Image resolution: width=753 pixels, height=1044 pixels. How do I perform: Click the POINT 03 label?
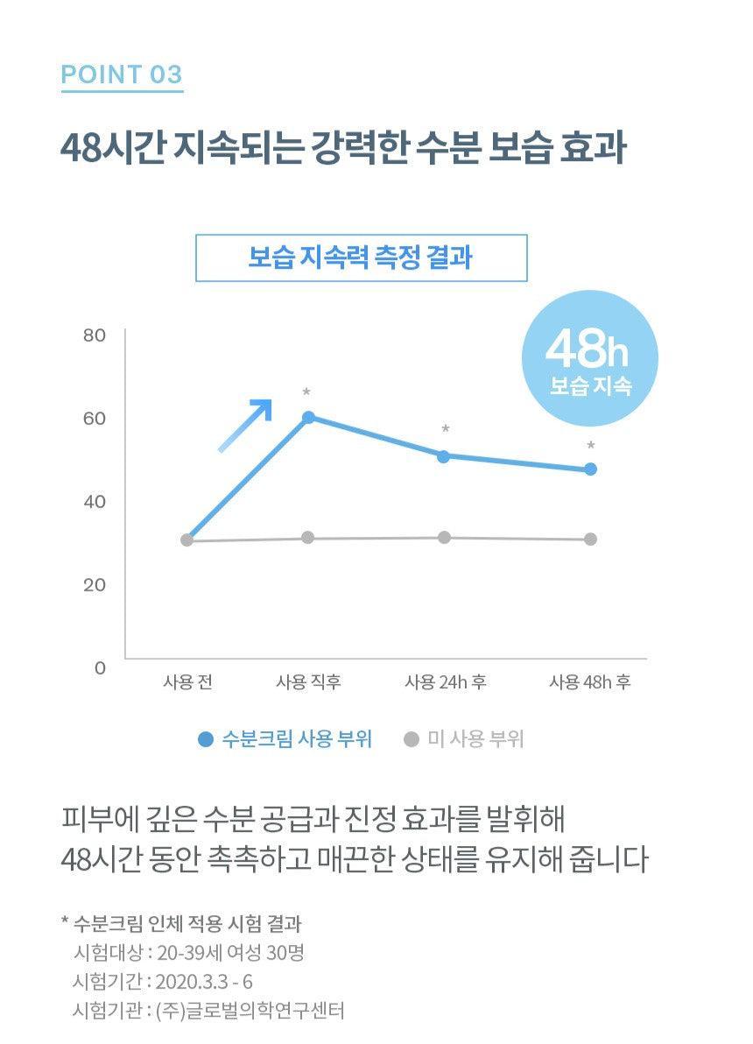pos(121,74)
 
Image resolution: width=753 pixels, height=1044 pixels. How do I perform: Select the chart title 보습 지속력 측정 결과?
pos(361,258)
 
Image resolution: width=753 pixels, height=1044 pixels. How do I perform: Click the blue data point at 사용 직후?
pos(308,417)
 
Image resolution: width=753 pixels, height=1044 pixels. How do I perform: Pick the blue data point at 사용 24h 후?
pos(443,456)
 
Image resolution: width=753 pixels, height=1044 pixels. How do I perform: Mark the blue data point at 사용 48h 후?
pos(590,469)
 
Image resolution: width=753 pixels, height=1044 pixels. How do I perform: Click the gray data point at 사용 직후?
pos(308,537)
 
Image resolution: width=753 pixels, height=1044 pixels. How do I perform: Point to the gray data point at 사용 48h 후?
pos(590,539)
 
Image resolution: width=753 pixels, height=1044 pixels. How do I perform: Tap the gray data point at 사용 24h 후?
pos(444,537)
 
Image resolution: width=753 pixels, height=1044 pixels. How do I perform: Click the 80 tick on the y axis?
pos(95,335)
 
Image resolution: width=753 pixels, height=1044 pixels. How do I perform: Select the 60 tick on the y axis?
pos(95,419)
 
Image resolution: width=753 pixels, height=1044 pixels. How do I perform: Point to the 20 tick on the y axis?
pos(95,585)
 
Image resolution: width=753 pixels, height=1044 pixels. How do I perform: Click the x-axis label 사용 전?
pos(187,683)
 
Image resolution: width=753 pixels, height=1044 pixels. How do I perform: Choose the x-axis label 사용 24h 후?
pos(445,683)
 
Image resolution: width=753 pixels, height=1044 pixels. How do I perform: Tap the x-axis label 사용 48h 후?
pos(589,683)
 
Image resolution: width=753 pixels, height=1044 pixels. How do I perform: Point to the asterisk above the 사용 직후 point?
pos(306,392)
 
